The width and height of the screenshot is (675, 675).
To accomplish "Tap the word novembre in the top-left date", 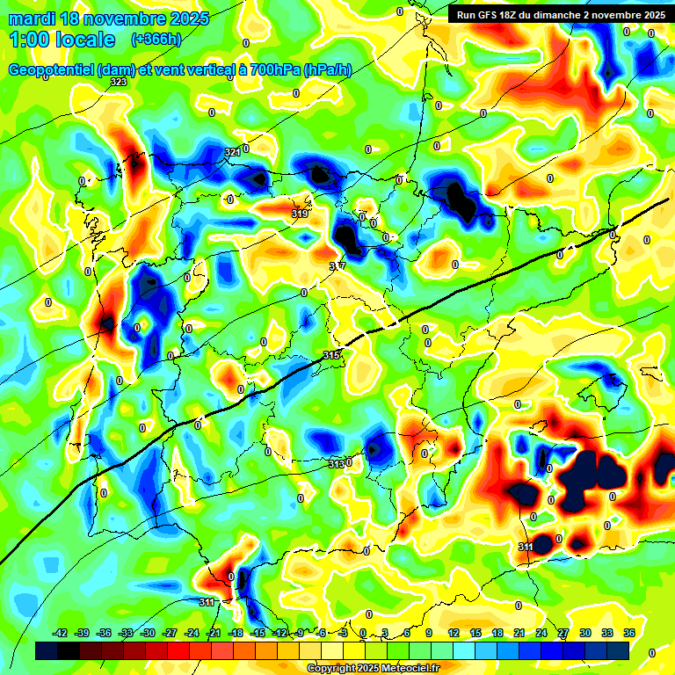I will pos(121,18).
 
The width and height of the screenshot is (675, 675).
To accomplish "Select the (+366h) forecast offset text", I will pos(156,40).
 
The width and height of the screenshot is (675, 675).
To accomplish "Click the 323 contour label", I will pos(118,82).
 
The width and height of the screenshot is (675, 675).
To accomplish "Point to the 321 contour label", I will pos(232,152).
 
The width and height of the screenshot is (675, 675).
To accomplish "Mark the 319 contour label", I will pos(299,214).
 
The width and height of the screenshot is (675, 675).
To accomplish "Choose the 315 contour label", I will pos(330,355).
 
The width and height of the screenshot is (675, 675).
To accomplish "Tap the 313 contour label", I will pos(336,464).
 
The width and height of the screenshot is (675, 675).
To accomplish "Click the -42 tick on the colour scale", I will pos(61,633).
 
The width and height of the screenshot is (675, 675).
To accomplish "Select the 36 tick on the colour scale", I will pos(629,633).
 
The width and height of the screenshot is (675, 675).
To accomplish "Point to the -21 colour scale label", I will pos(214,633).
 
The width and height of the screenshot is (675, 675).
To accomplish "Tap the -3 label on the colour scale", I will pos(344,633).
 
